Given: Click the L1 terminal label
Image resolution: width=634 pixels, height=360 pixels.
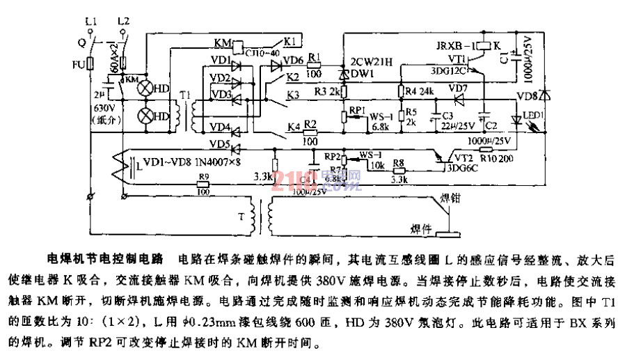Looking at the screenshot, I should [x=90, y=22].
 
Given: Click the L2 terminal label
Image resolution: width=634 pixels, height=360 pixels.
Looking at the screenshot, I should [x=125, y=22].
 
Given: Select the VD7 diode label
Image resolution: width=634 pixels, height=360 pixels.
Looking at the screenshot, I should [x=458, y=88].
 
